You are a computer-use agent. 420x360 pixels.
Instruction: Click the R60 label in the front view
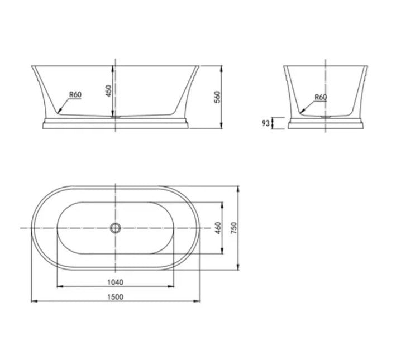tap(75, 94)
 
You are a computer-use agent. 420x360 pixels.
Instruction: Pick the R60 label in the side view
tap(320, 97)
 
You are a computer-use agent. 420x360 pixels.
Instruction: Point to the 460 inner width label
tap(218, 228)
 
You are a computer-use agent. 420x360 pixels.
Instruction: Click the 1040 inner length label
tap(116, 282)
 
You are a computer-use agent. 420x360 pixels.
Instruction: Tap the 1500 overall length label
tap(116, 296)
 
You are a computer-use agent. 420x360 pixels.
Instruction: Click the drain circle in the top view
tap(115, 228)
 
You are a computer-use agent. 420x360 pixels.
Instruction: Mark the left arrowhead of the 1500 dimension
tap(33, 301)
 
